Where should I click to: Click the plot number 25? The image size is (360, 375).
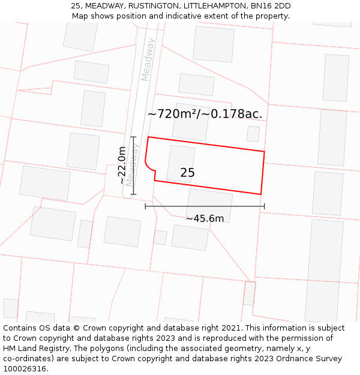(x=187, y=173)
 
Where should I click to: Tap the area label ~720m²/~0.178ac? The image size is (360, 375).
(x=205, y=113)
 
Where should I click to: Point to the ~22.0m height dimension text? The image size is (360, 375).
(x=122, y=165)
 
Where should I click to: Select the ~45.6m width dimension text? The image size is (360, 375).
(x=205, y=218)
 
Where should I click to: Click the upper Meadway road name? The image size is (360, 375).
(x=148, y=59)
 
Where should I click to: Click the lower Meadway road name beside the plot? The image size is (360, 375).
(x=132, y=162)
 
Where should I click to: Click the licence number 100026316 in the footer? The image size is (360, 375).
(x=25, y=369)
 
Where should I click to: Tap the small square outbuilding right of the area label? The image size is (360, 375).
(x=253, y=134)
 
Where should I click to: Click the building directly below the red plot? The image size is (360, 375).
(x=209, y=205)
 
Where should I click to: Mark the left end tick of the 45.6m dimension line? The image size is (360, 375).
(x=145, y=206)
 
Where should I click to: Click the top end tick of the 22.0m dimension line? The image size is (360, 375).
(x=133, y=137)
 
